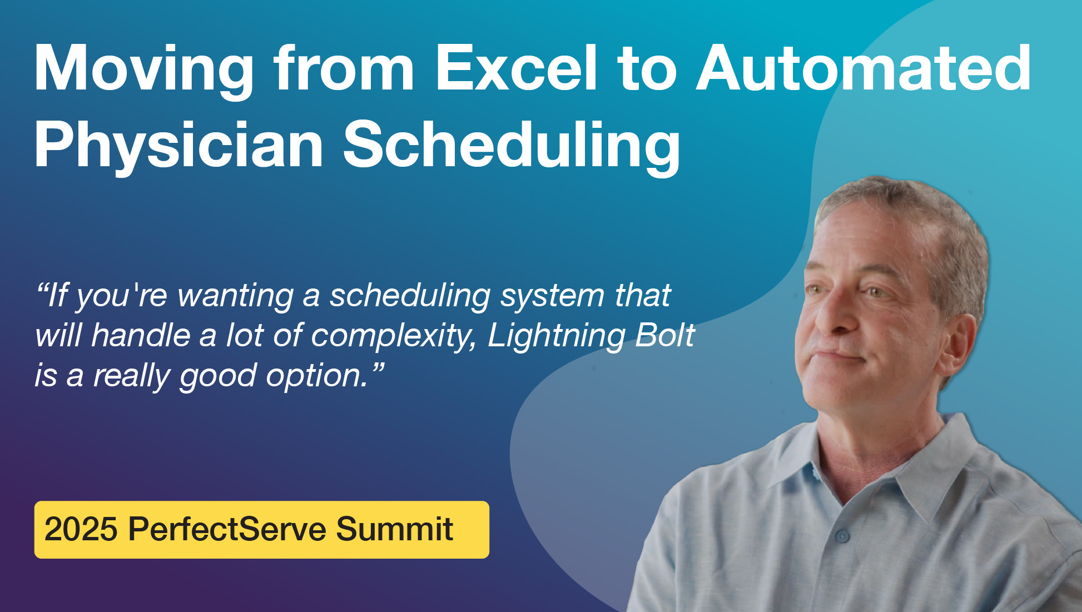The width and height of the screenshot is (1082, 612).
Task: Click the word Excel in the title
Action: pos(517,67)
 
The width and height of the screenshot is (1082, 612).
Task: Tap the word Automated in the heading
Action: pos(863,67)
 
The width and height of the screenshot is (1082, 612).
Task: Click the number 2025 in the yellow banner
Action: pos(81,529)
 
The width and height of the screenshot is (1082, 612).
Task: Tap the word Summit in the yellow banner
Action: pos(394,529)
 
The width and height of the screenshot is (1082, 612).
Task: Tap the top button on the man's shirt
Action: pos(842,536)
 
